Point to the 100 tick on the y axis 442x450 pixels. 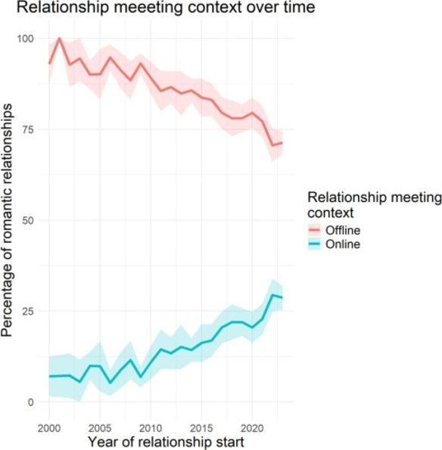(27, 39)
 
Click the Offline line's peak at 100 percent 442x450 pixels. (59, 39)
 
